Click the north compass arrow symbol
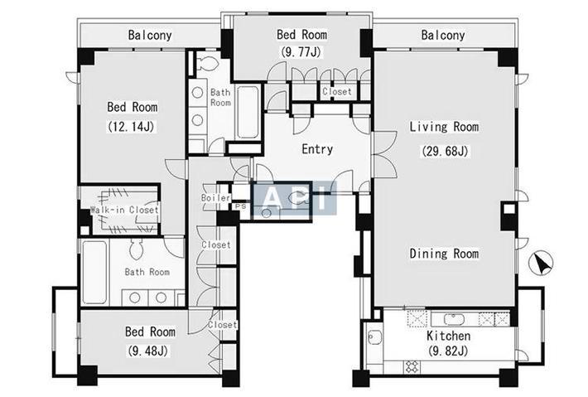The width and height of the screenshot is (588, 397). tap(541, 264)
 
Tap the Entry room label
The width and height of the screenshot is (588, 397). tap(317, 149)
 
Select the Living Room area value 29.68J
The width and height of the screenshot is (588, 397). tap(445, 151)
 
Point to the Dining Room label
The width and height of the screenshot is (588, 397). tap(444, 254)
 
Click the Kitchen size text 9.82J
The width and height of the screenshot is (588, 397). tap(448, 351)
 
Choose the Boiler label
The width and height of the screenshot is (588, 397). tap(215, 198)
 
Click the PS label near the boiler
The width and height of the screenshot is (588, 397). tap(241, 206)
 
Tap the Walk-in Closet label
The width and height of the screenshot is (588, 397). tap(124, 210)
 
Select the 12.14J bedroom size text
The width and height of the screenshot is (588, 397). tap(131, 127)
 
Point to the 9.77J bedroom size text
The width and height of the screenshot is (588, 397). tap(301, 51)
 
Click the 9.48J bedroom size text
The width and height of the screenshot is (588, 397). tap(147, 351)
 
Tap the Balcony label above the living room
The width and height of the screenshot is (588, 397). tap(443, 36)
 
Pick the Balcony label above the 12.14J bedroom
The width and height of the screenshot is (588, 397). tap(150, 36)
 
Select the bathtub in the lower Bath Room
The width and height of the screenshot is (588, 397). tap(94, 272)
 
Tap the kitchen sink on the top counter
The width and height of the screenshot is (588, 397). tap(454, 319)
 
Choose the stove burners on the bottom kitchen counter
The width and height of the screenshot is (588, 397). tap(412, 366)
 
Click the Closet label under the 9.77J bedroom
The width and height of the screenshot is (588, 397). tap(337, 91)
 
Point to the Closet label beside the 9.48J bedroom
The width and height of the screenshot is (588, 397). tap(223, 325)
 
